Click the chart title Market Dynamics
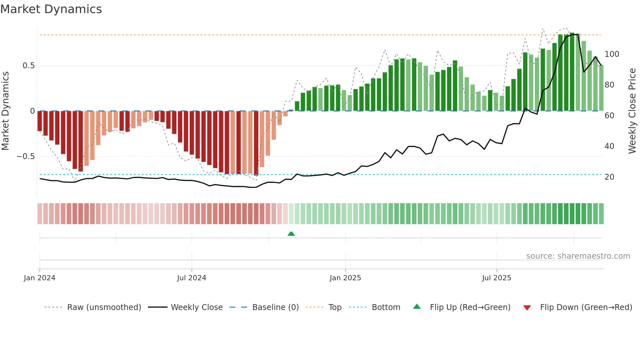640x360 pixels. [x=51, y=9]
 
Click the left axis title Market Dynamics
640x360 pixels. [x=5, y=111]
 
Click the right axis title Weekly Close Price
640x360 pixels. [x=632, y=111]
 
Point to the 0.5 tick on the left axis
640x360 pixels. [x=28, y=66]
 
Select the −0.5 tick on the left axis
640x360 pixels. [x=26, y=156]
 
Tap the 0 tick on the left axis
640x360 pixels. [x=32, y=111]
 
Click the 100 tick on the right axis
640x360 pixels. [x=612, y=54]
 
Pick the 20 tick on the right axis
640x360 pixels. [x=609, y=177]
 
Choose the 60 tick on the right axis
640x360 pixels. [x=609, y=116]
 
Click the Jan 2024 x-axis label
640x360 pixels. [x=40, y=278]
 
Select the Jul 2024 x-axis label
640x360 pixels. [x=192, y=278]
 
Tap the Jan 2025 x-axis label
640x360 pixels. [x=345, y=278]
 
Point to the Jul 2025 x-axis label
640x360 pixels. [x=497, y=278]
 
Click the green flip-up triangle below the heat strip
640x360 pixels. [x=291, y=234]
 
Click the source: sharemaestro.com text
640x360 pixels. [x=578, y=256]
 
